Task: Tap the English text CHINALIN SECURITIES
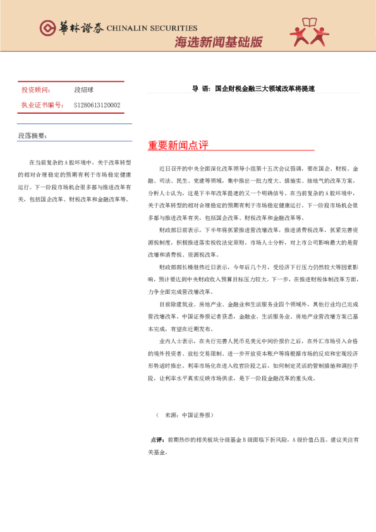click(152, 28)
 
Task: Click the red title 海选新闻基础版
click(219, 42)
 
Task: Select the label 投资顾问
click(35, 90)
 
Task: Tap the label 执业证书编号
click(42, 105)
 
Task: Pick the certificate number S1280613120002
click(97, 105)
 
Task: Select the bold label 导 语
click(200, 89)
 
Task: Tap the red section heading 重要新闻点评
click(178, 145)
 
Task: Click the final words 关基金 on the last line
click(159, 452)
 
